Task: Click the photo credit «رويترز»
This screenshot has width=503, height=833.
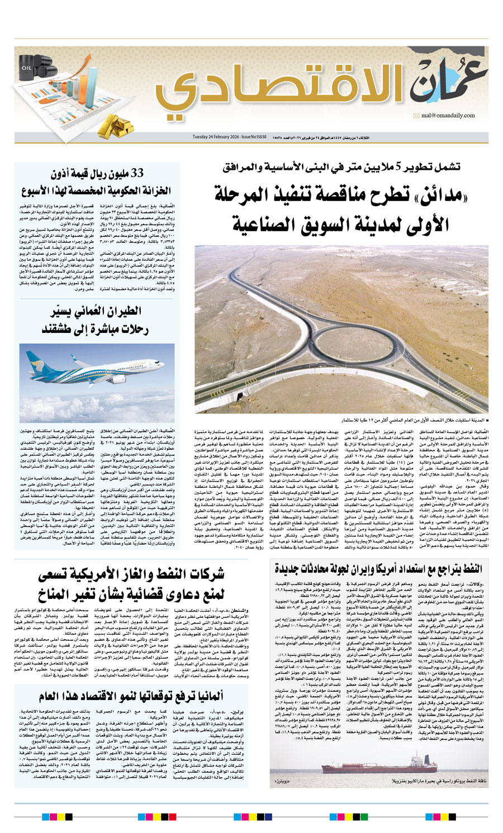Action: (x=288, y=780)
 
